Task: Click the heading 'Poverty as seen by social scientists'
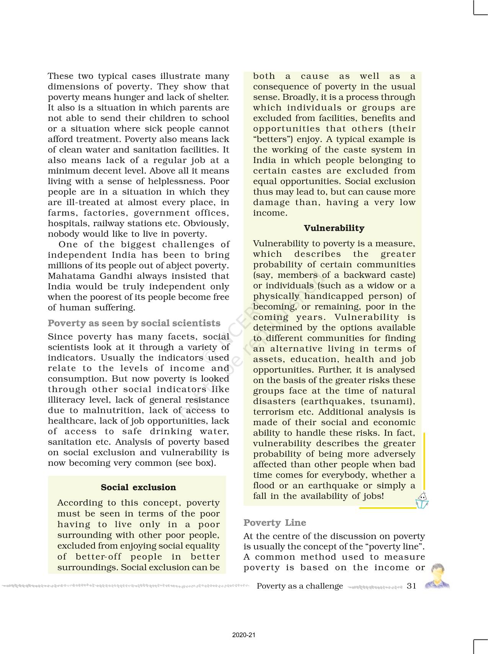pos(134,323)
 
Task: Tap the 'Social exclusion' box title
pos(138,487)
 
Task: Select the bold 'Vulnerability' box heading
pos(334,228)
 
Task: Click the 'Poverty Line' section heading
pos(274,523)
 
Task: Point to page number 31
pos(411,586)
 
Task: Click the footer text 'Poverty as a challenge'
pos(300,586)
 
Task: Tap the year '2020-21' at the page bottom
pos(243,635)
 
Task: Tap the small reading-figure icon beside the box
pos(422,500)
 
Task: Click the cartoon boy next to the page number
pos(438,576)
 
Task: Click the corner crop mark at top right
pos(480,8)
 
